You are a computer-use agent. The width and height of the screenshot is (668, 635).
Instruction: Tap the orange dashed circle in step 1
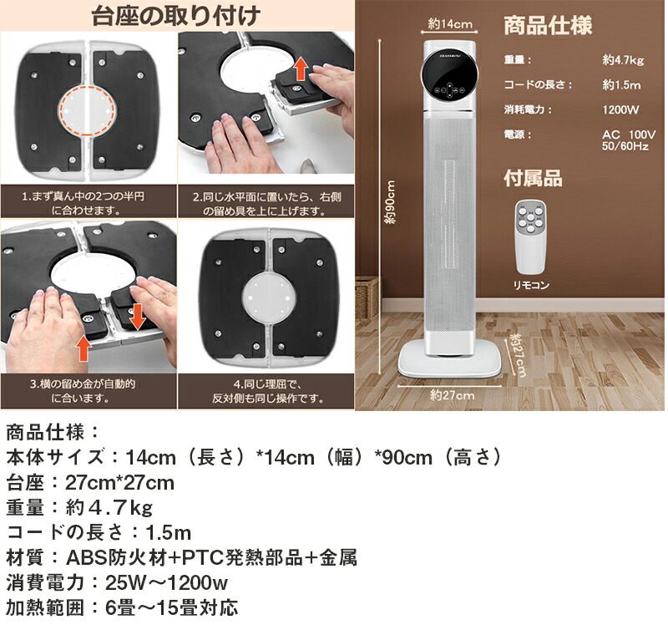pyautogui.click(x=88, y=109)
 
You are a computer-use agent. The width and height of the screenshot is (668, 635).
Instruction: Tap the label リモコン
pyautogui.click(x=532, y=285)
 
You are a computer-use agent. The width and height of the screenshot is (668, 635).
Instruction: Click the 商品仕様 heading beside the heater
pyautogui.click(x=548, y=25)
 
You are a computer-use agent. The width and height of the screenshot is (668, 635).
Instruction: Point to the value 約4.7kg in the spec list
pyautogui.click(x=624, y=60)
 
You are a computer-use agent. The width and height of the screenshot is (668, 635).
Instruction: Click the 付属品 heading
pyautogui.click(x=533, y=178)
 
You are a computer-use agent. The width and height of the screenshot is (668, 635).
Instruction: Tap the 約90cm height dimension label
pyautogui.click(x=389, y=206)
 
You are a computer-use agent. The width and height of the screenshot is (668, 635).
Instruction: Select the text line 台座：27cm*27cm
pyautogui.click(x=90, y=483)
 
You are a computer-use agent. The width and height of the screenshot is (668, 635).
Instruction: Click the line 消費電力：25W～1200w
pyautogui.click(x=118, y=582)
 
